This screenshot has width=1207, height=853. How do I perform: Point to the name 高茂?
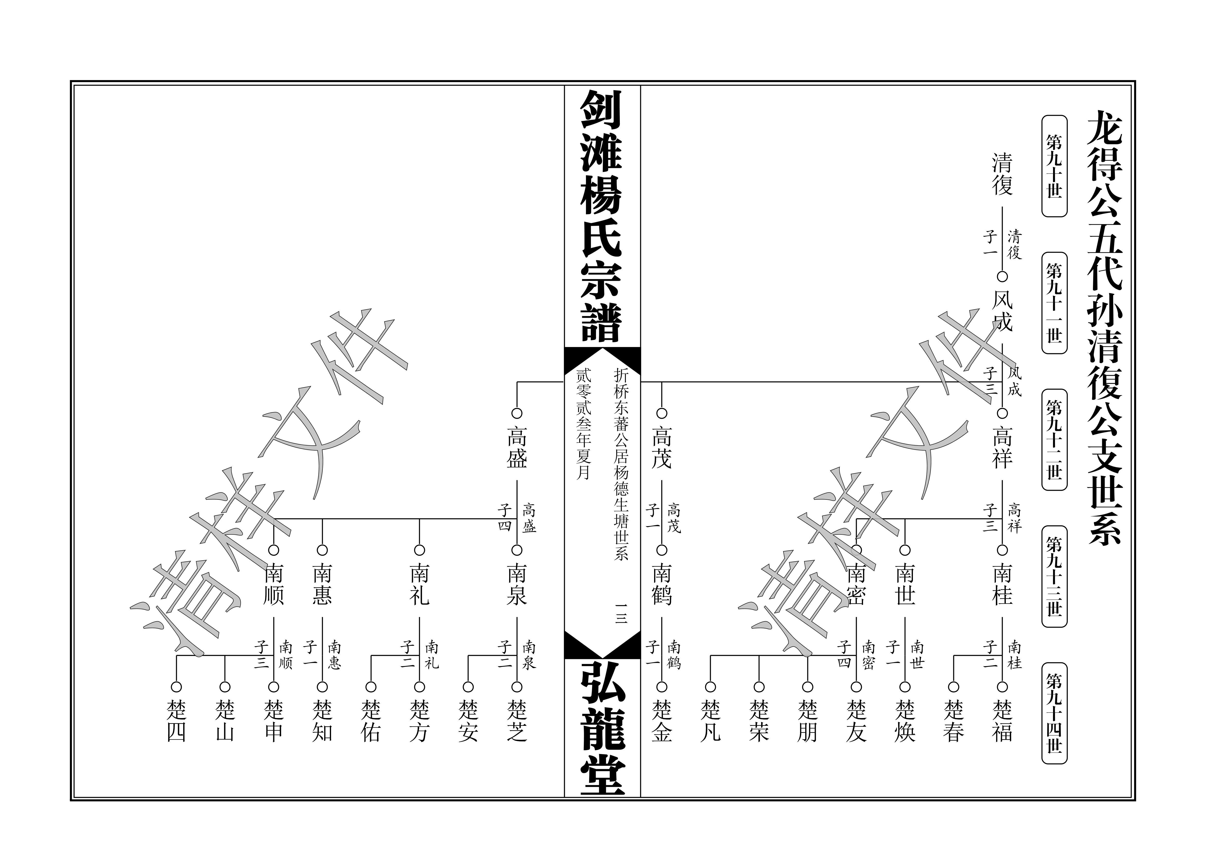pos(662,448)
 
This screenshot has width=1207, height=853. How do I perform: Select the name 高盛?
pos(517,448)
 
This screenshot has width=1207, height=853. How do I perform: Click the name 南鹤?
pos(662,585)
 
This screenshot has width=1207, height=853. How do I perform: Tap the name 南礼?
pos(419,585)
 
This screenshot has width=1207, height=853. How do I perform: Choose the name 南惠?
pos(322,585)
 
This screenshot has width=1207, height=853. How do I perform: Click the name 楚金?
pos(662,721)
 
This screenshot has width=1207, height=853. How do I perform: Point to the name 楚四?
pos(177,721)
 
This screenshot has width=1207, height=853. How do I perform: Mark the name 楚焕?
pos(905,721)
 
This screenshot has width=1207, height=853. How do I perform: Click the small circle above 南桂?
pos(1002,550)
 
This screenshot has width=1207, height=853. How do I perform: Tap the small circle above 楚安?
pos(468,687)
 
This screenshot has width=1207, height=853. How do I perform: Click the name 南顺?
pos(273,585)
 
